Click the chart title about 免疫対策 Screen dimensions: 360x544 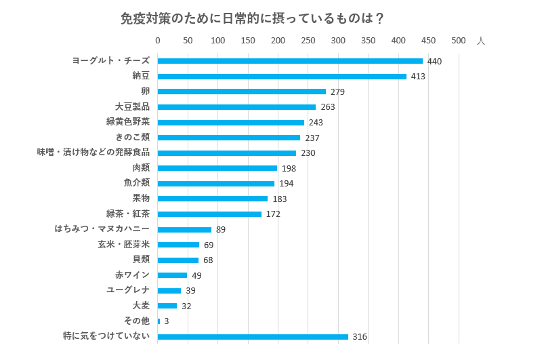[x=252, y=18]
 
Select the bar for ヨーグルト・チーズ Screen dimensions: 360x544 [x=290, y=61]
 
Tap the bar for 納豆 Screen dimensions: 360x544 [x=282, y=77]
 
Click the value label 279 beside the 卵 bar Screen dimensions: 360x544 [x=337, y=92]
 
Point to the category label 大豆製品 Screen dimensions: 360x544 [x=132, y=106]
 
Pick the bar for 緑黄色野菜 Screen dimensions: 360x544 [x=231, y=122]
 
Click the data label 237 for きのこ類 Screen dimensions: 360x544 [x=312, y=138]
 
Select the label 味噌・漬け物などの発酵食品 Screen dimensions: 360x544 [x=93, y=152]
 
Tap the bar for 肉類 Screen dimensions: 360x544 [x=217, y=168]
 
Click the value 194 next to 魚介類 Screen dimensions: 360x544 [x=286, y=184]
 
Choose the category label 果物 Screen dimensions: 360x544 [x=141, y=198]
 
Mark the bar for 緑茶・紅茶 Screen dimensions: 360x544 [x=209, y=214]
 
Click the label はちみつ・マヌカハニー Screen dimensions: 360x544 [x=102, y=228]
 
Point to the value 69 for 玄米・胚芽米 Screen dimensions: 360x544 [x=209, y=245]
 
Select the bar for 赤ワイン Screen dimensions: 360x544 [x=172, y=275]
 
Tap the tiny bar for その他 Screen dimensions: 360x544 [x=159, y=321]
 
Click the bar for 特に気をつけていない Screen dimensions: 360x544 [x=253, y=336]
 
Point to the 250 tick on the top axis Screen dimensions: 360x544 [x=308, y=41]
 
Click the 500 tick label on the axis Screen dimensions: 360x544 [x=459, y=41]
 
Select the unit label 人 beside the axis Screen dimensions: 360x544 [x=481, y=41]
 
